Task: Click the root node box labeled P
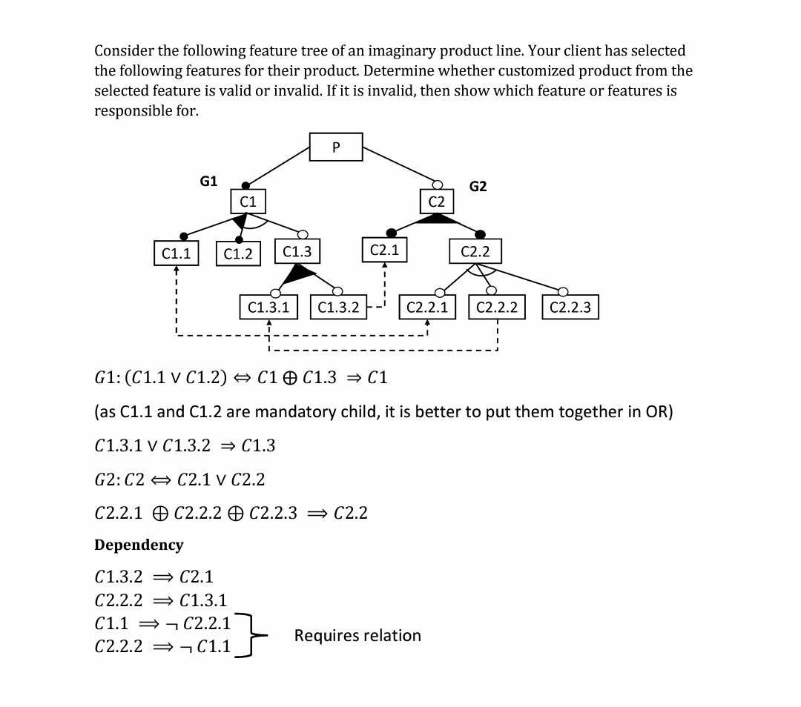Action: pyautogui.click(x=336, y=147)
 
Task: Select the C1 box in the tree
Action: pyautogui.click(x=248, y=202)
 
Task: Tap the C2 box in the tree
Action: pyautogui.click(x=437, y=202)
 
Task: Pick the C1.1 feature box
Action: pyautogui.click(x=176, y=253)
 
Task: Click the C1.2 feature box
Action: pyautogui.click(x=238, y=253)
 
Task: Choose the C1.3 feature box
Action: pyautogui.click(x=297, y=251)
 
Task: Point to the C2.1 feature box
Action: pyautogui.click(x=384, y=250)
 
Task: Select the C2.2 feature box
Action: pyautogui.click(x=475, y=251)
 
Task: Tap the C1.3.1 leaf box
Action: pyautogui.click(x=268, y=307)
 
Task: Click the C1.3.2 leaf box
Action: pyautogui.click(x=338, y=307)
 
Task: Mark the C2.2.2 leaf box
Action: pyautogui.click(x=497, y=307)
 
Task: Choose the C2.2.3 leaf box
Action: pyautogui.click(x=570, y=307)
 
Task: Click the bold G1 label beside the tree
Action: pyautogui.click(x=209, y=181)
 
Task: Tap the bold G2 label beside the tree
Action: pyautogui.click(x=478, y=186)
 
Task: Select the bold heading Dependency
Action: pyautogui.click(x=139, y=545)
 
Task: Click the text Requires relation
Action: pyautogui.click(x=357, y=635)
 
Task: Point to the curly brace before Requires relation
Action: pyautogui.click(x=252, y=635)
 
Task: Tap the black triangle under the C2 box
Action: pyautogui.click(x=437, y=219)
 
